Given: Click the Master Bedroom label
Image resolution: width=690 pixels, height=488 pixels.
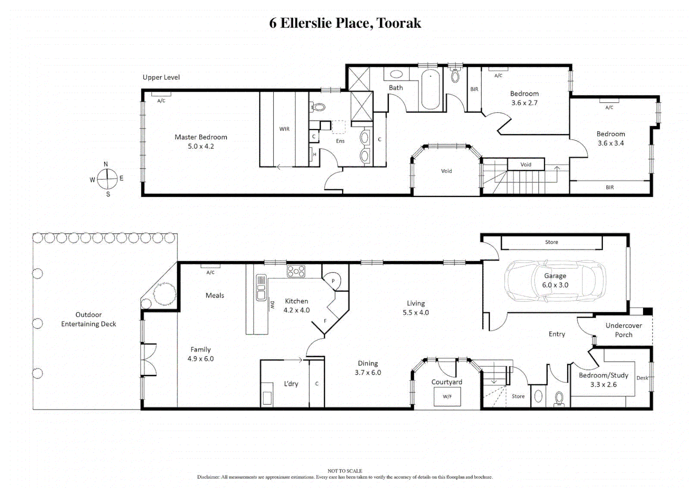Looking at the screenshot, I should tap(201, 137).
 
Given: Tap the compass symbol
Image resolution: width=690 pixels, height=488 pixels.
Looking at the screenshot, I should tap(107, 179).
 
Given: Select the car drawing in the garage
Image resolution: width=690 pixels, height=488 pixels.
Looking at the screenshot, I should tap(555, 281).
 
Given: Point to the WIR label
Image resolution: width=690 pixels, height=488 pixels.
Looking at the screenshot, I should tap(284, 129).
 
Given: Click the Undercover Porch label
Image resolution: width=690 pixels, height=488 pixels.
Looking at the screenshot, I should tap(624, 330).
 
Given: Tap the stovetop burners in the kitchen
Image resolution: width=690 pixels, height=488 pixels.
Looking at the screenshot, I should tap(296, 271).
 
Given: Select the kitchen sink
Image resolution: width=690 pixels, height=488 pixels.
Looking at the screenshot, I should tap(261, 288).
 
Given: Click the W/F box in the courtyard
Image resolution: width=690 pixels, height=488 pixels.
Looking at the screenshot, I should tap(447, 397).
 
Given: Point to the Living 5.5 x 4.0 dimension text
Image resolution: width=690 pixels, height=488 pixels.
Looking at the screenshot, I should tap(416, 313).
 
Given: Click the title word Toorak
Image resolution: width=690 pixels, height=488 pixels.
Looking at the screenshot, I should tap(399, 23).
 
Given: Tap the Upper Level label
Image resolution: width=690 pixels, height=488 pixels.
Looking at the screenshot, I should tap(161, 77).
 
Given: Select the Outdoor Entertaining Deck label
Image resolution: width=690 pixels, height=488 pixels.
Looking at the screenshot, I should tap(89, 319).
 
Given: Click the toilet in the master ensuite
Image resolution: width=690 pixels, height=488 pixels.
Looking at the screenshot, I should tap(319, 108).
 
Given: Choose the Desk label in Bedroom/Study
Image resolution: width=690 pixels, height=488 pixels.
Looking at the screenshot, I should tap(642, 378).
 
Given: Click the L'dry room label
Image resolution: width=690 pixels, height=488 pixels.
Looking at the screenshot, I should tap(291, 384).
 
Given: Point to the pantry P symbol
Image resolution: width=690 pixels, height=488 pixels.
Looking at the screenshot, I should tap(333, 281).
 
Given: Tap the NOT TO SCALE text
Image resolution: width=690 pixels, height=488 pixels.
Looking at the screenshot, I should tap(345, 471).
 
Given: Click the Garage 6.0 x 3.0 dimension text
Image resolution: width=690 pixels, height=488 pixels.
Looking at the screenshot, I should tap(555, 285).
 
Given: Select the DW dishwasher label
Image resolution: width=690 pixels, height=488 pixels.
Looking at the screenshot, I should tap(272, 305).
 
